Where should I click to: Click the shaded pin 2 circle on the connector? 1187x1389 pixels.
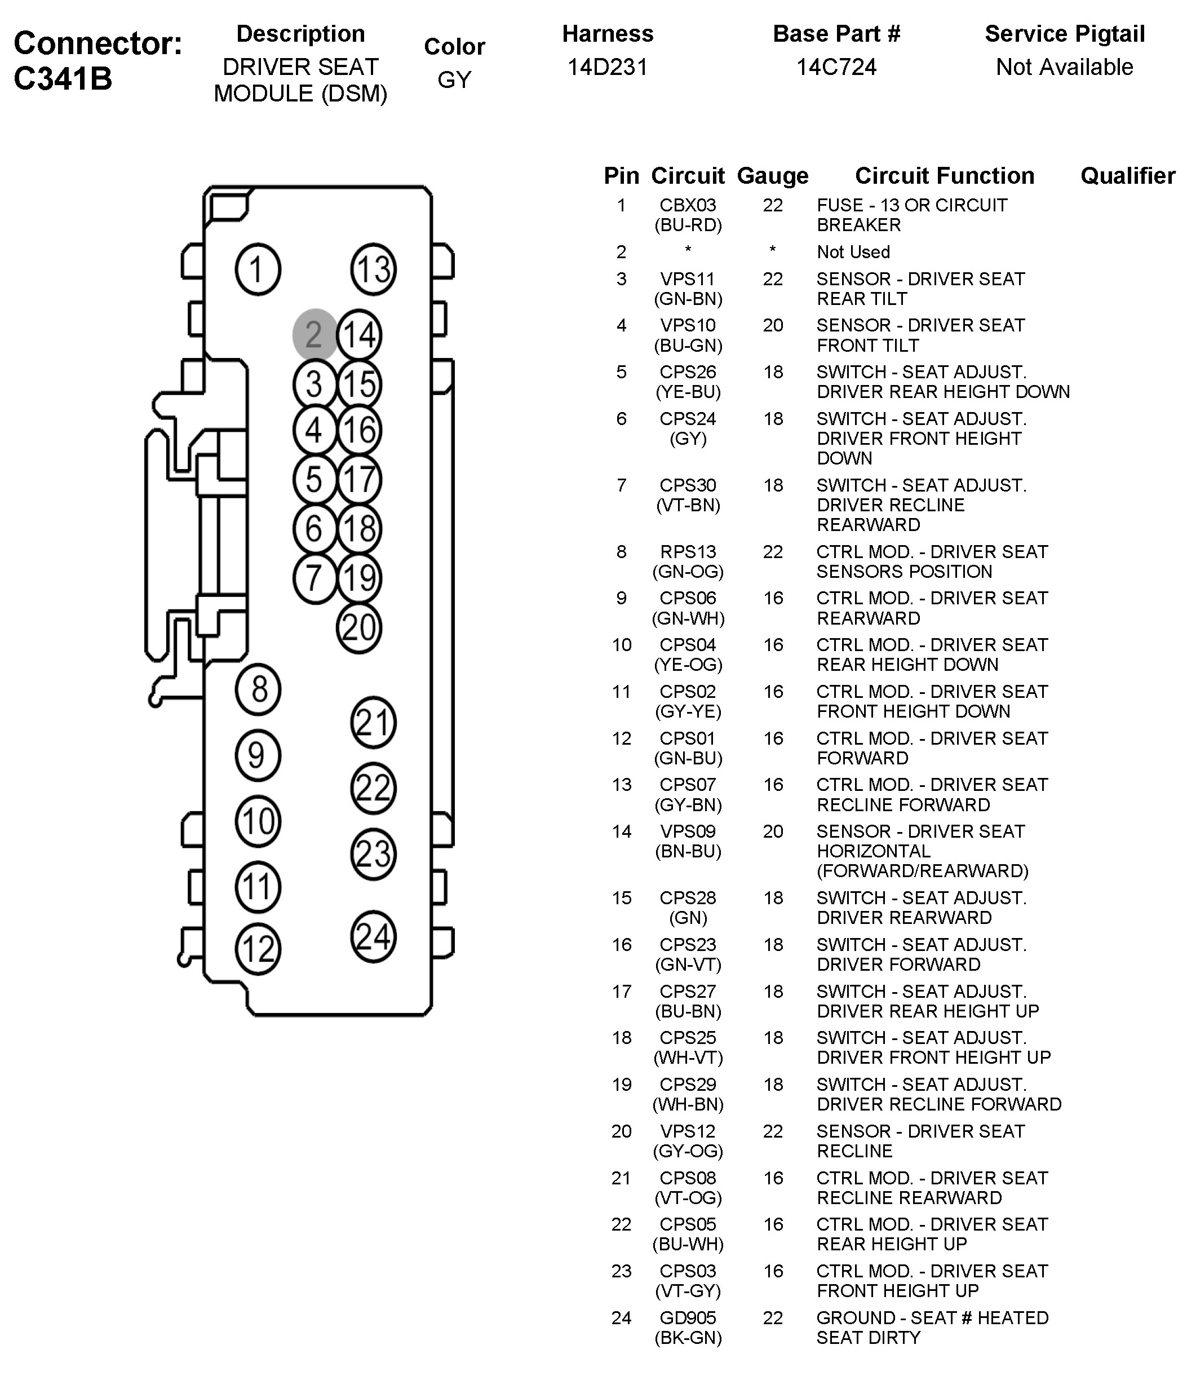315,334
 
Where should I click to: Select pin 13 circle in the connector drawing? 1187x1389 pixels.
373,269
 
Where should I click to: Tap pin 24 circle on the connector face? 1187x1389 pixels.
373,936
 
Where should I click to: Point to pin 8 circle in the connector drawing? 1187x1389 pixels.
258,689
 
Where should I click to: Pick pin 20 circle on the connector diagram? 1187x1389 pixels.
358,627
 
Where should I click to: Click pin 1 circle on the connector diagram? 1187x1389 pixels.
258,269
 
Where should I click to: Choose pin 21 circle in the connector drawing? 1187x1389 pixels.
373,723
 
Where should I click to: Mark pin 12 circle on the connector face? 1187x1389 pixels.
258,949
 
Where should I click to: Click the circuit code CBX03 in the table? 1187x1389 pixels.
688,205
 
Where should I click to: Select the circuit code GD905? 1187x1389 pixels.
688,1318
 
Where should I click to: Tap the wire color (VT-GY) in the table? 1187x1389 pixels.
688,1291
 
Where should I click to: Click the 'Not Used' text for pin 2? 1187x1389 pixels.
853,252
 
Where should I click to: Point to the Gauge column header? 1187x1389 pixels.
773,176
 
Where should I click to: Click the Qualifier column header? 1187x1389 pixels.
1128,176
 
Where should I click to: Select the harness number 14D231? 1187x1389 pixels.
607,67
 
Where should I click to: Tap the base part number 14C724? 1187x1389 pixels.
836,67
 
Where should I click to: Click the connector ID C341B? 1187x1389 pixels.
63,78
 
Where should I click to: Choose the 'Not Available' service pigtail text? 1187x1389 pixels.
1064,67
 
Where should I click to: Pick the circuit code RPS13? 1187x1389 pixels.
688,552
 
